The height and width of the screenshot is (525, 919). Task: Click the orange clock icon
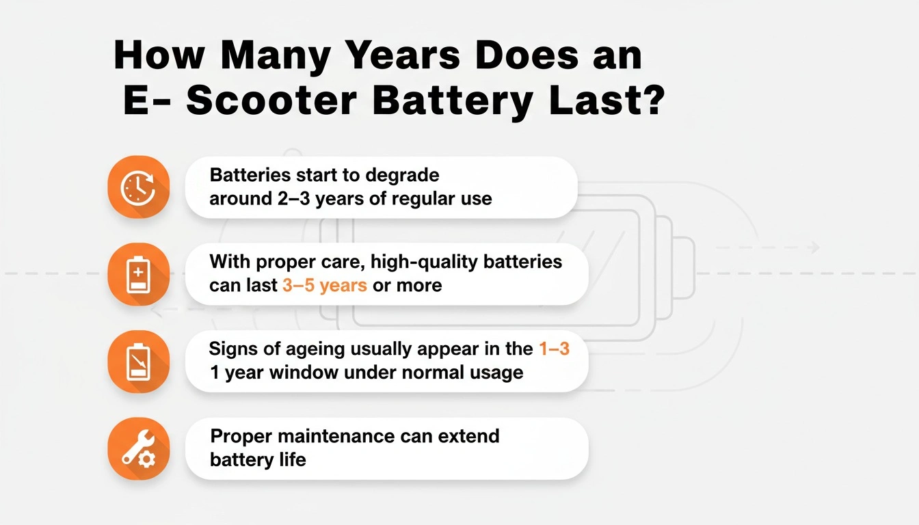138,187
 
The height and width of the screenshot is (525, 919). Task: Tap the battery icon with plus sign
138,273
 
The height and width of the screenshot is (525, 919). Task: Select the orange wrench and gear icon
138,448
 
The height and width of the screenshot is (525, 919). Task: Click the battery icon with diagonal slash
138,361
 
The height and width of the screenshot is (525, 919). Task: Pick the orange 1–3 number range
554,349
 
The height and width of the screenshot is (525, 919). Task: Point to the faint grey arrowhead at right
814,247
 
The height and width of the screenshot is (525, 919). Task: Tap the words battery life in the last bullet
258,459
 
